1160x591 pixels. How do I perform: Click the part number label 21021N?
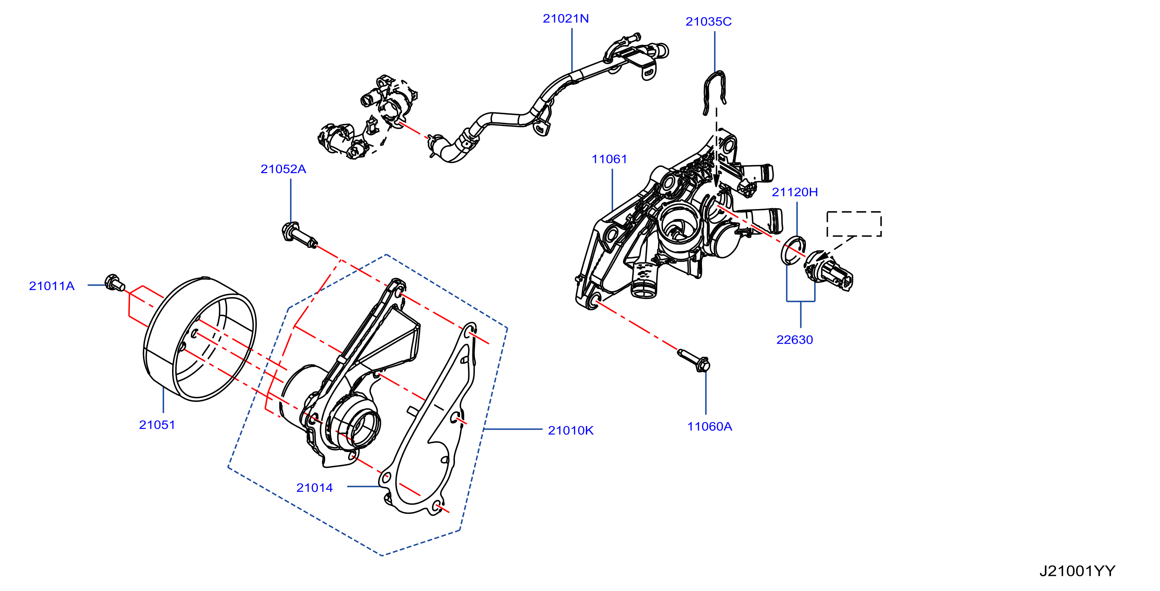(566, 18)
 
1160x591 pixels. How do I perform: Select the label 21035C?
(708, 22)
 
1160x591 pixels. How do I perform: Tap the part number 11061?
(609, 159)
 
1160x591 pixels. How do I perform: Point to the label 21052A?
(283, 169)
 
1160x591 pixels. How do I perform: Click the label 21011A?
(52, 286)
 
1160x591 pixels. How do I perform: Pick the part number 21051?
(157, 425)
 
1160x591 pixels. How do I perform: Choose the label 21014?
(314, 487)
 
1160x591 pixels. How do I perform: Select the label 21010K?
(570, 431)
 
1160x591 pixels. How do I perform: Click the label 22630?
(794, 340)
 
